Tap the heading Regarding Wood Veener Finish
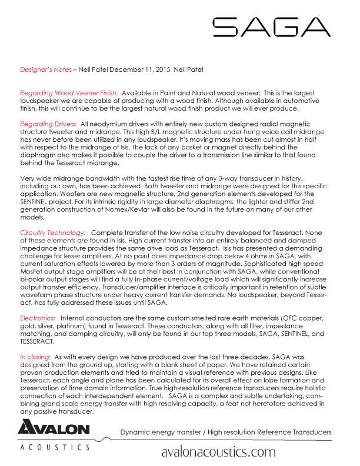tap(70, 94)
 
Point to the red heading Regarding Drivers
tap(48, 124)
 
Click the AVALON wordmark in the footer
tap(58, 433)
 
